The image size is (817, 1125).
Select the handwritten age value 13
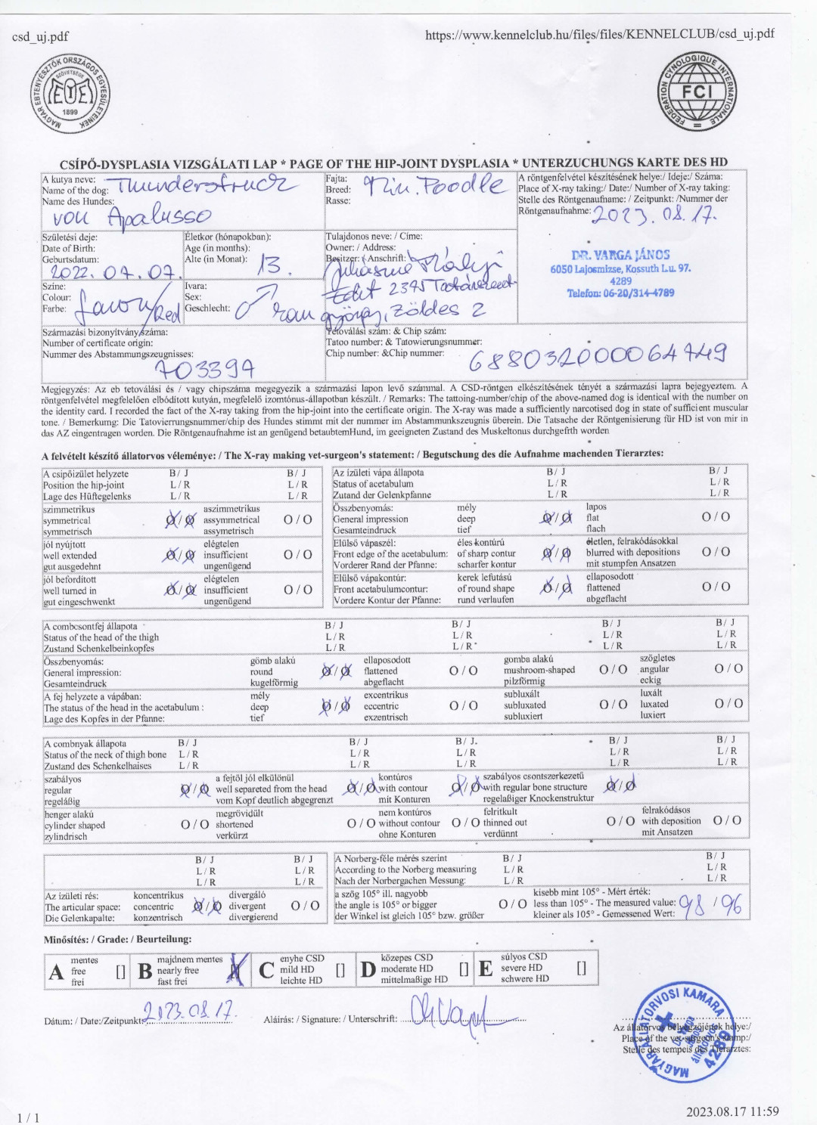point(269,265)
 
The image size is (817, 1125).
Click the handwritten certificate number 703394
point(203,368)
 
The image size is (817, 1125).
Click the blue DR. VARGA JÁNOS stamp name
point(620,256)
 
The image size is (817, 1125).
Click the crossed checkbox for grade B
point(237,970)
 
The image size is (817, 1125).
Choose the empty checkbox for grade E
point(581,968)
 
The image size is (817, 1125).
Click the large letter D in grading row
point(368,970)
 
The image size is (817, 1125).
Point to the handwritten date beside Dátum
point(189,1011)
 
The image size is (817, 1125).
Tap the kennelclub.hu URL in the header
point(599,34)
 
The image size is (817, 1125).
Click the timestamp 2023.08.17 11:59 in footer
point(732,1111)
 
